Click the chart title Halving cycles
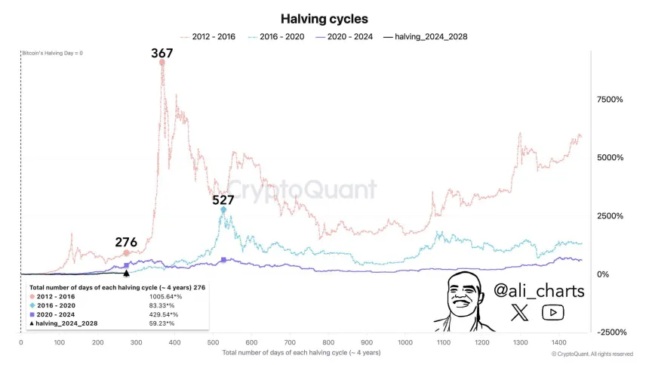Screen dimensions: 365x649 (x=324, y=18)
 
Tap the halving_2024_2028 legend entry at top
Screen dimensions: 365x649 (x=426, y=36)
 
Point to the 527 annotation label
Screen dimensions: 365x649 (x=223, y=200)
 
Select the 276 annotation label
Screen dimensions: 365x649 (x=126, y=243)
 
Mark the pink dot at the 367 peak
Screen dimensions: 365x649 (x=162, y=63)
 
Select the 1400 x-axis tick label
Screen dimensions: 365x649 (x=559, y=342)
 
